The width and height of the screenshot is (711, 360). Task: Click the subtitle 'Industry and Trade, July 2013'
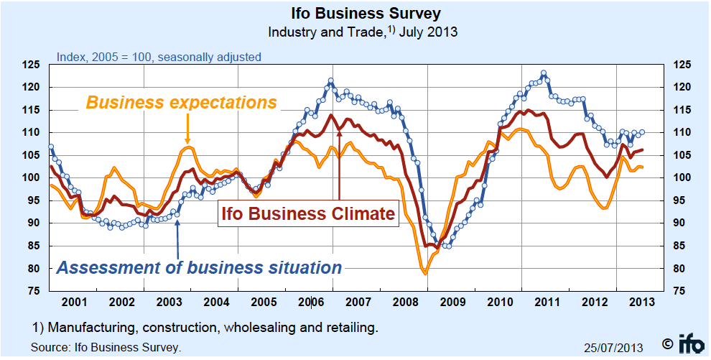pyautogui.click(x=363, y=32)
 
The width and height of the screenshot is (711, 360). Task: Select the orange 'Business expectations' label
pyautogui.click(x=181, y=102)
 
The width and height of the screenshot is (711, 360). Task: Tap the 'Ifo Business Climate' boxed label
pyautogui.click(x=307, y=213)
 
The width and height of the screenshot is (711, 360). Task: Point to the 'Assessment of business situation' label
pyautogui.click(x=199, y=268)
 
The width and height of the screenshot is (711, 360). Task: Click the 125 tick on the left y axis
pyautogui.click(x=31, y=65)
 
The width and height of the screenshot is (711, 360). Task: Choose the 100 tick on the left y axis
pyautogui.click(x=31, y=178)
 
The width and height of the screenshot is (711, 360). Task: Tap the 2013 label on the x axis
pyautogui.click(x=641, y=302)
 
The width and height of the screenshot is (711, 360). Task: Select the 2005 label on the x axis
pyautogui.click(x=264, y=302)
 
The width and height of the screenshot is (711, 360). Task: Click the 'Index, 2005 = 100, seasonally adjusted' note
pyautogui.click(x=159, y=57)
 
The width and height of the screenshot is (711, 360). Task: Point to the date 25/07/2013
pyautogui.click(x=614, y=347)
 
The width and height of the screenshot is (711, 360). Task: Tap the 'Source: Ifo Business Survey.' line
pyautogui.click(x=106, y=347)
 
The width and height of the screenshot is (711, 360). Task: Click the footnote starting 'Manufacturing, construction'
pyautogui.click(x=205, y=328)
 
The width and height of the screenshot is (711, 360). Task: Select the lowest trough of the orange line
pyautogui.click(x=425, y=273)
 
